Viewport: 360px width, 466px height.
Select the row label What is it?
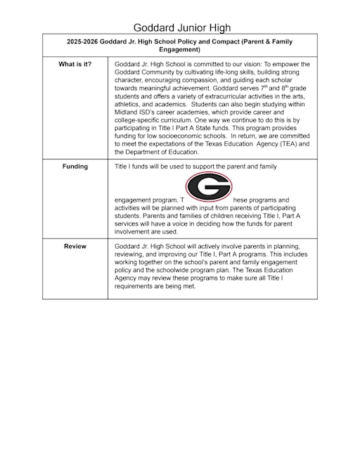75,65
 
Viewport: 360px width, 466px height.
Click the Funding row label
75,167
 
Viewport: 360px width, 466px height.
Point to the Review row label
75,246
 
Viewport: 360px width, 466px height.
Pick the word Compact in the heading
223,41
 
